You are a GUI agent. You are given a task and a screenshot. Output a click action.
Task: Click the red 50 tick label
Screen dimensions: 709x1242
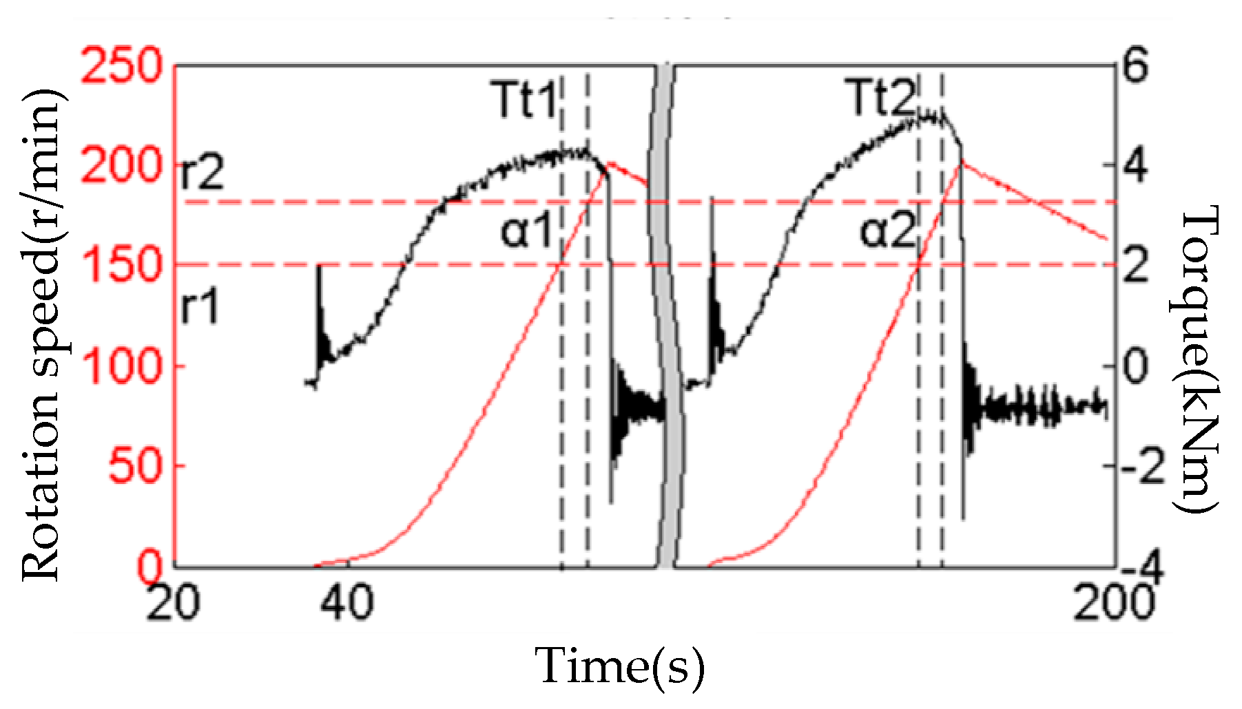(135, 466)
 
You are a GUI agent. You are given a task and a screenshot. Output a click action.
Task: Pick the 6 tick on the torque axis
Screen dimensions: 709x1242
(1135, 67)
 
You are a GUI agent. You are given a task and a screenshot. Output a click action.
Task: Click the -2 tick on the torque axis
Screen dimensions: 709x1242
(1143, 466)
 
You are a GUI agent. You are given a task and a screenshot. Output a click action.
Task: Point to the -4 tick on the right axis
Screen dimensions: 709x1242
(1143, 567)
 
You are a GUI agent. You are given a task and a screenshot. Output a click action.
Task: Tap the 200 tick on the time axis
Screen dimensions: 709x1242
(1114, 602)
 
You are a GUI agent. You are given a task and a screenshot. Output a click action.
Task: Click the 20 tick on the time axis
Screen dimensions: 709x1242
(172, 602)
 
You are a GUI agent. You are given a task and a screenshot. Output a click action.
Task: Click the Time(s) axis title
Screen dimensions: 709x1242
(620, 666)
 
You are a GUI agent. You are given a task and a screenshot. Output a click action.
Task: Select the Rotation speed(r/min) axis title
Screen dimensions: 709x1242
(43, 335)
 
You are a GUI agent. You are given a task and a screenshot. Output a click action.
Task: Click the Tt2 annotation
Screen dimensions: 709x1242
(882, 98)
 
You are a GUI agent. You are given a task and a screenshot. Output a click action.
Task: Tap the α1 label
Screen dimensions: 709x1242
(527, 231)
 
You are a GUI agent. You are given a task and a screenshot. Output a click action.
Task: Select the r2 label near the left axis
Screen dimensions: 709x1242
(202, 173)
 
